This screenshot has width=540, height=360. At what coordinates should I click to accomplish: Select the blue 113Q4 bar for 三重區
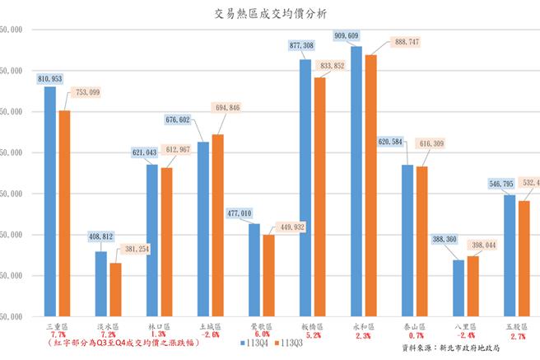[50, 202]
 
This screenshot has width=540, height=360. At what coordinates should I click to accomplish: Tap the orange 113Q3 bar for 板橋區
[320, 197]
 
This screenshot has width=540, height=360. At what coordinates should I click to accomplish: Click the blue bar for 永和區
[356, 181]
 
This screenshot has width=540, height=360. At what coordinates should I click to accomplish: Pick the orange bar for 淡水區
[115, 289]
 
